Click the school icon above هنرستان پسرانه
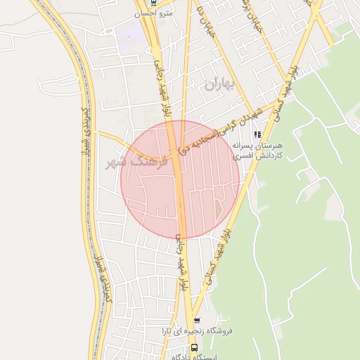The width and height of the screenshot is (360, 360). [257, 134]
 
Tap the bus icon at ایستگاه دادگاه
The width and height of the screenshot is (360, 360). [194, 347]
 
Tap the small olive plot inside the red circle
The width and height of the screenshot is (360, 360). [219, 209]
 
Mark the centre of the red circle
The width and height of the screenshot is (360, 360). [181, 180]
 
